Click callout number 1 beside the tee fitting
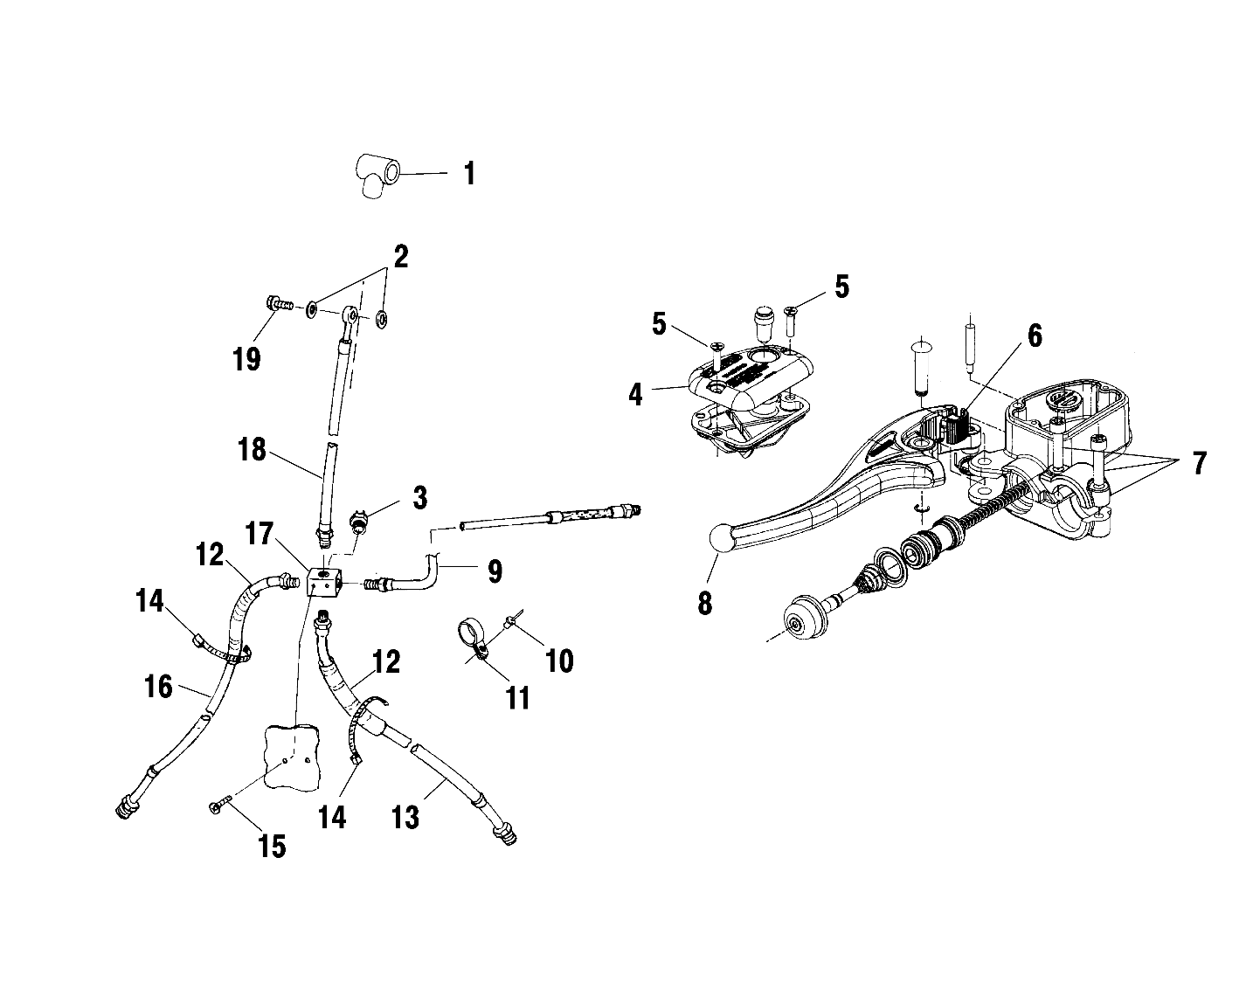point(469,173)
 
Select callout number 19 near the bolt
point(247,358)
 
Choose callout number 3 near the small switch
point(420,499)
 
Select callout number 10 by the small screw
point(559,661)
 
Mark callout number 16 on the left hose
point(157,687)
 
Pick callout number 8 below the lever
point(705,603)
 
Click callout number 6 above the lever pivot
point(1035,335)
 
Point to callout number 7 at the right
point(1199,463)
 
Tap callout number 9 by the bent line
point(495,572)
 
